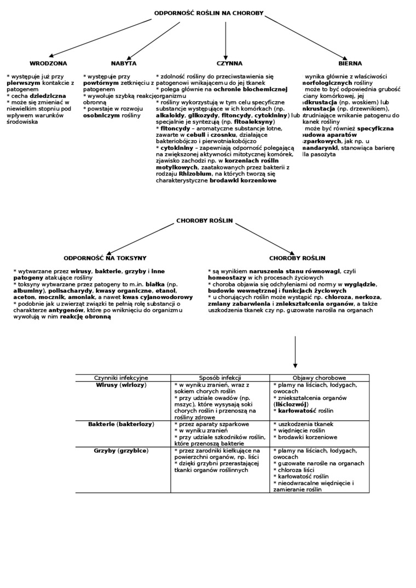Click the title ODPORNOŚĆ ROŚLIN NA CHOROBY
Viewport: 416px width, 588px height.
click(209, 13)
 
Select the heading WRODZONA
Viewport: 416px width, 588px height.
click(48, 63)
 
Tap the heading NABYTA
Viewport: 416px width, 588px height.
click(124, 63)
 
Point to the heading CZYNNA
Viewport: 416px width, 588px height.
click(229, 63)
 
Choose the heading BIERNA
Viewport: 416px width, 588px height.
click(350, 63)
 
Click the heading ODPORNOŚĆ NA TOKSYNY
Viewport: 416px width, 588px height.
click(105, 258)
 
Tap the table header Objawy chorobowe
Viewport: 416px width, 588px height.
click(319, 378)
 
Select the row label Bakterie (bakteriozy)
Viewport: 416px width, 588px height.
click(121, 424)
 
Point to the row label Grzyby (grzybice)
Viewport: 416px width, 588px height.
click(121, 450)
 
